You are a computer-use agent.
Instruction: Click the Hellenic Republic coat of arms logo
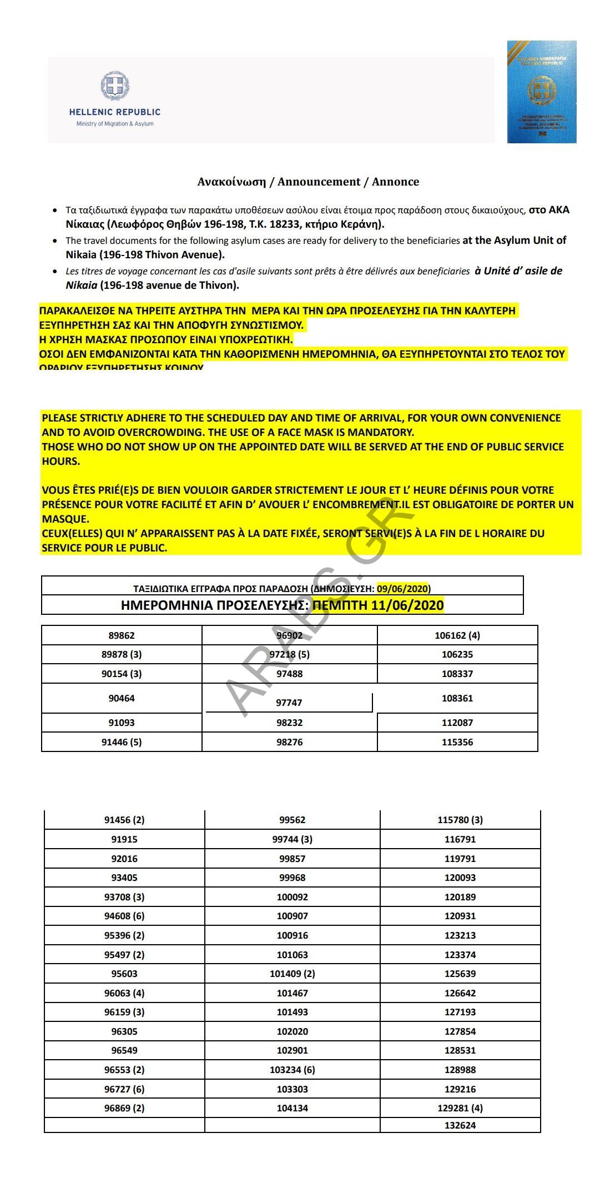pos(115,87)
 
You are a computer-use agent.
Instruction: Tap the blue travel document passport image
pos(541,92)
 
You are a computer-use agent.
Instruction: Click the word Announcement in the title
pos(319,182)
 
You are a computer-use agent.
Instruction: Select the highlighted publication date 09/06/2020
pos(403,589)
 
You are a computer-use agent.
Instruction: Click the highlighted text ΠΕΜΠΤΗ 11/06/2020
pos(378,605)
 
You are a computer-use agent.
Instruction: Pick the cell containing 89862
pos(122,635)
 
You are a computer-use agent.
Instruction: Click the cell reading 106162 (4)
pos(457,635)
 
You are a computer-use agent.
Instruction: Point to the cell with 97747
pos(289,703)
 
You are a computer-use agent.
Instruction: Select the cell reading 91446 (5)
pos(122,742)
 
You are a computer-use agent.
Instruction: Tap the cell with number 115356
pos(457,742)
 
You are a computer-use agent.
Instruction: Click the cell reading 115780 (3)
pos(460,820)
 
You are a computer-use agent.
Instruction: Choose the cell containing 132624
pos(460,1125)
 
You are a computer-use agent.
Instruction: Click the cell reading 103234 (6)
pos(293,1070)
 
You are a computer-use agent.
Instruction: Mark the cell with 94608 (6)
pos(124,916)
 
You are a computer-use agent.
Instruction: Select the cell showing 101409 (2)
pos(293,974)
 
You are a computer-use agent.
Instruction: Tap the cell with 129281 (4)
pos(460,1108)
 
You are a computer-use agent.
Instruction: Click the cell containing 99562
pos(293,820)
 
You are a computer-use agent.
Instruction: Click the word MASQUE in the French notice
pos(65,519)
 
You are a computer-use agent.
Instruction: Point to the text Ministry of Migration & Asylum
pos(115,124)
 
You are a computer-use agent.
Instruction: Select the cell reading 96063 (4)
pos(124,993)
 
